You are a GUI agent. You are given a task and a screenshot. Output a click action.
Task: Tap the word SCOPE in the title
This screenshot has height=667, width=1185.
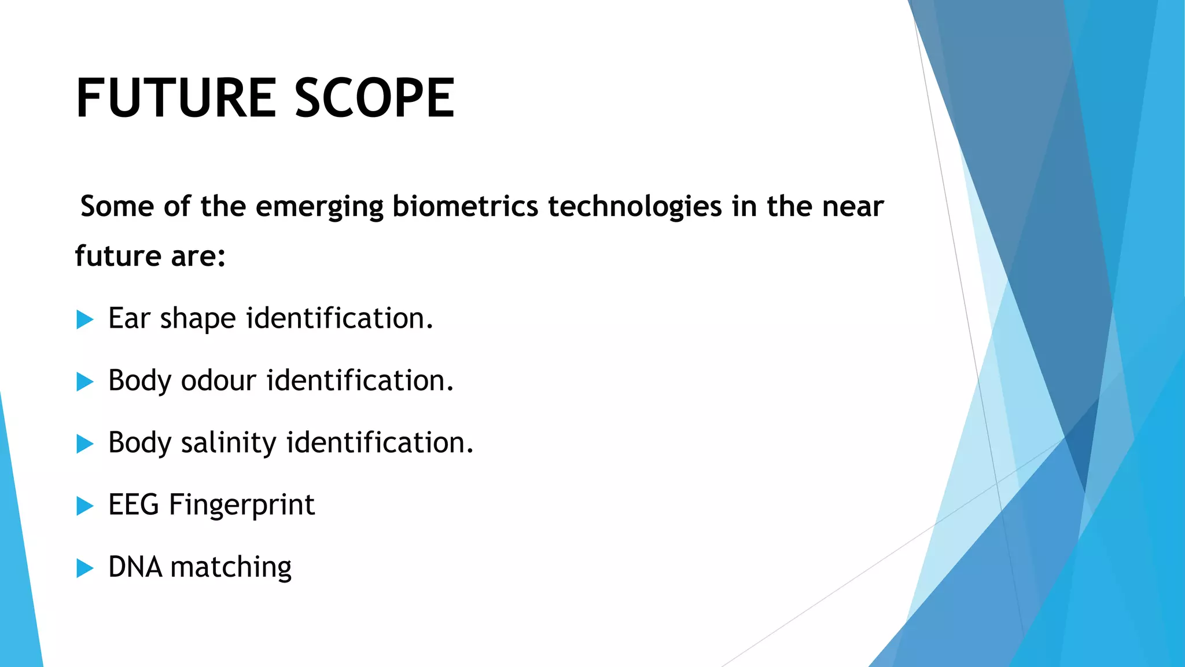pyautogui.click(x=374, y=98)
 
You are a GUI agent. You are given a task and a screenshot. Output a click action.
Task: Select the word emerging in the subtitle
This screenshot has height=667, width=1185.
pyautogui.click(x=319, y=207)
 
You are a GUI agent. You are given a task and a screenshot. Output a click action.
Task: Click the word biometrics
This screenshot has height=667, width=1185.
pyautogui.click(x=465, y=206)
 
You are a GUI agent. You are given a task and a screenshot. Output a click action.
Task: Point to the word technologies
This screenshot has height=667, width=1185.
pyautogui.click(x=635, y=207)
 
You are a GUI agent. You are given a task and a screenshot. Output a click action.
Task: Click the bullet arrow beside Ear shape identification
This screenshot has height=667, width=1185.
pyautogui.click(x=84, y=319)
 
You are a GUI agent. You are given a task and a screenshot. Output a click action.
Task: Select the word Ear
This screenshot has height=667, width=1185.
pyautogui.click(x=129, y=318)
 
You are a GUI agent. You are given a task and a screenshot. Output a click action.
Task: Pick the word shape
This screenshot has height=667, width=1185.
pyautogui.click(x=198, y=320)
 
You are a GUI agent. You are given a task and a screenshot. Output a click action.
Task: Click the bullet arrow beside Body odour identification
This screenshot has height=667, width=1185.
pyautogui.click(x=84, y=382)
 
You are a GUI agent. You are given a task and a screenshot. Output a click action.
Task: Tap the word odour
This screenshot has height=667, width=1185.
pyautogui.click(x=218, y=381)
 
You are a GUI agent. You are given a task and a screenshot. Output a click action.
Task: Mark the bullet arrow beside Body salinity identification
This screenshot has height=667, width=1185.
pyautogui.click(x=84, y=444)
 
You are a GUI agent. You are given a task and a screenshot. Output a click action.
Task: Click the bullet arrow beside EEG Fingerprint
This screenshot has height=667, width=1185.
pyautogui.click(x=84, y=506)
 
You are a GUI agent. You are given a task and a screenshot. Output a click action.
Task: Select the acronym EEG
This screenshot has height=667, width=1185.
pyautogui.click(x=134, y=505)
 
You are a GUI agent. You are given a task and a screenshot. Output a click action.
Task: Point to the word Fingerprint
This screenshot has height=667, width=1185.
pyautogui.click(x=242, y=505)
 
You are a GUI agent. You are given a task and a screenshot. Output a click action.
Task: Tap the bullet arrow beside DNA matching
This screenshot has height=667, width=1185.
pyautogui.click(x=84, y=568)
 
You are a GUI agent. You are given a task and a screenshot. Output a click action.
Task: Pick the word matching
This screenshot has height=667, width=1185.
pyautogui.click(x=231, y=568)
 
